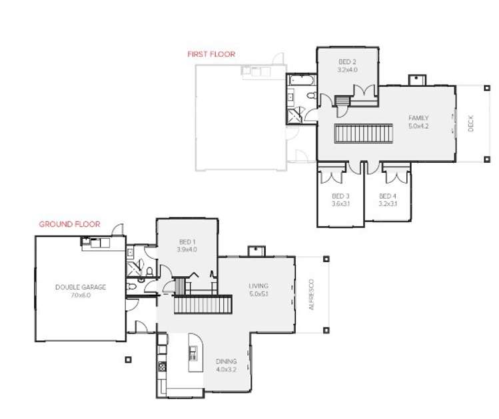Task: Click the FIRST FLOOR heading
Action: pos(211,54)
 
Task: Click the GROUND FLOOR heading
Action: pos(69,224)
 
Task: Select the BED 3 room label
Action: pos(340,195)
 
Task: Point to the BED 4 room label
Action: pos(387,195)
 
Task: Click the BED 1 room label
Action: pos(187,241)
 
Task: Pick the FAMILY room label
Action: pos(418,118)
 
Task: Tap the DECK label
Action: pos(470,125)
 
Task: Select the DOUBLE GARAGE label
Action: pos(80,288)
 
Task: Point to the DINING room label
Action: pos(226,361)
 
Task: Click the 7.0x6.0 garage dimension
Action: pos(80,295)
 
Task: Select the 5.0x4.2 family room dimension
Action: pos(418,125)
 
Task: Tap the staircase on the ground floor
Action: pos(203,305)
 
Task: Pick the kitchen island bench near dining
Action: pos(196,354)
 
